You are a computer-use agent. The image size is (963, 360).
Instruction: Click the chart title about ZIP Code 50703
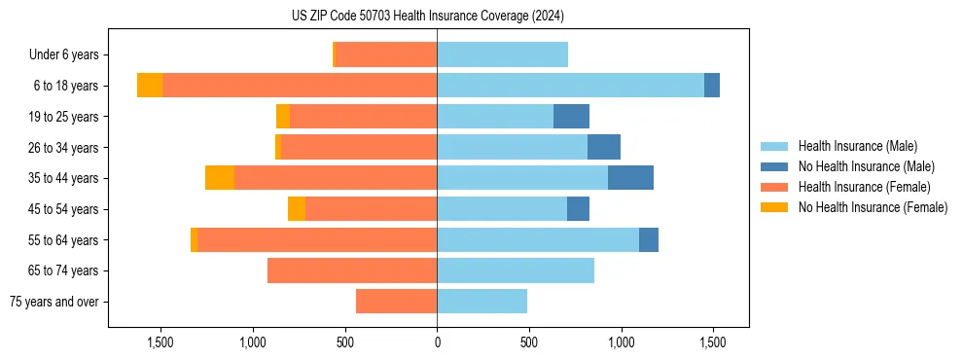[x=427, y=16]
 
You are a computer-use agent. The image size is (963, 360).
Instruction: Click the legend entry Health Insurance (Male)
[x=857, y=146]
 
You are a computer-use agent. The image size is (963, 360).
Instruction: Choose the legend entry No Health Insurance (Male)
[x=866, y=166]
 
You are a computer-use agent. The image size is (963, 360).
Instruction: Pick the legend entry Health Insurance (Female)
[x=865, y=187]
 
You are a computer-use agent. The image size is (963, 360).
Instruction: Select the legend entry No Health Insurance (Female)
[x=873, y=207]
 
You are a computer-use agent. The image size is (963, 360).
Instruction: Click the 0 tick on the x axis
[x=437, y=342]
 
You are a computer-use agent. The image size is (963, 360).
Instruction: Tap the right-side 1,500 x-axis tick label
[x=713, y=342]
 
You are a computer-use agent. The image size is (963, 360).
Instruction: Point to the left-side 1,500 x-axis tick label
[x=160, y=342]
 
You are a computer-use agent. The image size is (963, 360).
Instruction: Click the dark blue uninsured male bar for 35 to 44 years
[x=630, y=178]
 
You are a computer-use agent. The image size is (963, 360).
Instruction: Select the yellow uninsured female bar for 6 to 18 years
[x=150, y=86]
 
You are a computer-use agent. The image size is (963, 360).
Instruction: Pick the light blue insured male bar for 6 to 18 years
[x=570, y=86]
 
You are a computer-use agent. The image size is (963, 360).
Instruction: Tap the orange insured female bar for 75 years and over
[x=396, y=302]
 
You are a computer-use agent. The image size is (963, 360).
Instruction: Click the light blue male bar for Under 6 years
[x=502, y=54]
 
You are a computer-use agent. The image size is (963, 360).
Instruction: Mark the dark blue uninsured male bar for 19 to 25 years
[x=571, y=117]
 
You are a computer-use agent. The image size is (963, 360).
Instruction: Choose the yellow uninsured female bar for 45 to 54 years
[x=297, y=209]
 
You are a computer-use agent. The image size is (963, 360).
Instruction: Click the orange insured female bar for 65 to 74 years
[x=352, y=270]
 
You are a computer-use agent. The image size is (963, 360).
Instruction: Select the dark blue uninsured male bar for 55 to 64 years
[x=649, y=239]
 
